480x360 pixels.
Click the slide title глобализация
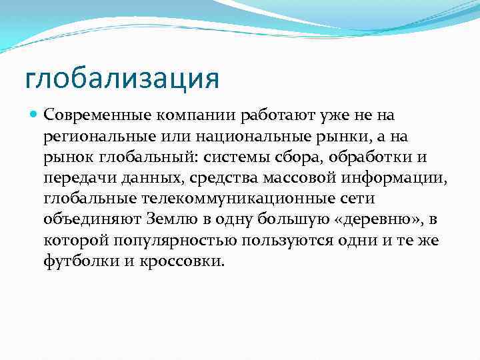tap(121, 78)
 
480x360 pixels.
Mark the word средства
tap(220, 178)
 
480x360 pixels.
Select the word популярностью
tap(169, 240)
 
